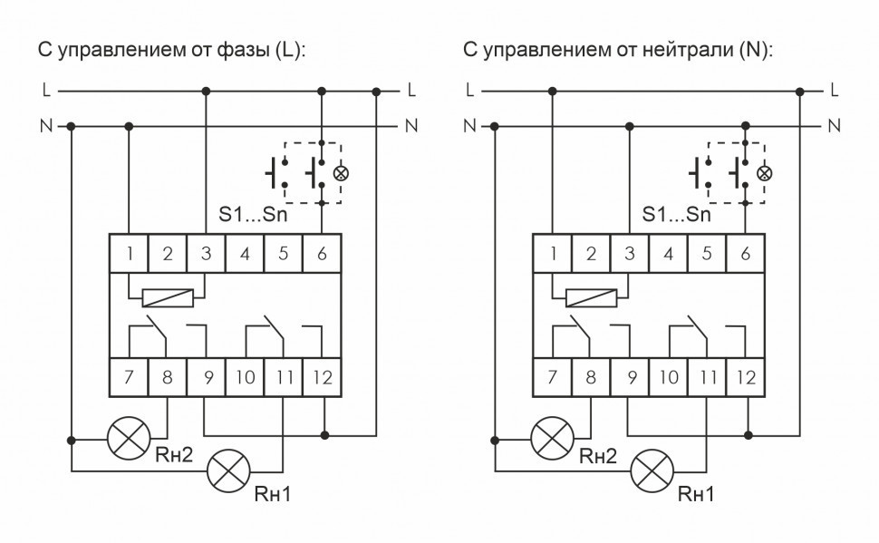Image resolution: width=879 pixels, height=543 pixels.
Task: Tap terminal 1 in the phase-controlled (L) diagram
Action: (x=130, y=254)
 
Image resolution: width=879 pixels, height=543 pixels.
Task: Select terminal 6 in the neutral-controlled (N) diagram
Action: (x=745, y=254)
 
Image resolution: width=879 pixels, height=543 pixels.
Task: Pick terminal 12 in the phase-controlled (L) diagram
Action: (x=322, y=378)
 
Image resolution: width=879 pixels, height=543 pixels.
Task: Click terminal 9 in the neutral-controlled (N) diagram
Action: (x=629, y=378)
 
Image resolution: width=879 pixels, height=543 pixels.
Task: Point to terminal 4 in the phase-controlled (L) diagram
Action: (x=245, y=254)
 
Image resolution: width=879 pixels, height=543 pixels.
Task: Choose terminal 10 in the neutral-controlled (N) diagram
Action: (x=668, y=378)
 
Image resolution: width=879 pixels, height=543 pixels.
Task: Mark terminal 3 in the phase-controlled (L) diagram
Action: (x=207, y=254)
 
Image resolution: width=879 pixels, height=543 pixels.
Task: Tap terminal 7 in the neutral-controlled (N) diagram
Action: (x=553, y=378)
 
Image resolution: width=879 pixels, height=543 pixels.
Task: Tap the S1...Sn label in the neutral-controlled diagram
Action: (x=675, y=215)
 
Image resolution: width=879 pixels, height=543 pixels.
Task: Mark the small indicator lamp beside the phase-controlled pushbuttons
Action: (x=341, y=172)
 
